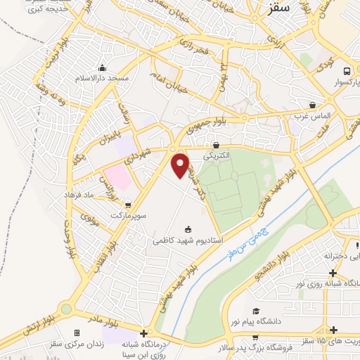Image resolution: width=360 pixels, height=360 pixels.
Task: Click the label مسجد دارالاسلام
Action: tap(103, 78)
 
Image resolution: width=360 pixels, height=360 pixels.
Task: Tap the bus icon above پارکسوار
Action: tap(347, 71)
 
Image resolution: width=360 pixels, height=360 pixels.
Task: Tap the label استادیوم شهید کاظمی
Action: tap(186, 240)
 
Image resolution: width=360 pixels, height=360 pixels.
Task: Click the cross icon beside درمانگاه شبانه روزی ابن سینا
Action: tap(144, 333)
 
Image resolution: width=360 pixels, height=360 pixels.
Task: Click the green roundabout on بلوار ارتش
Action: tap(66, 308)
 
